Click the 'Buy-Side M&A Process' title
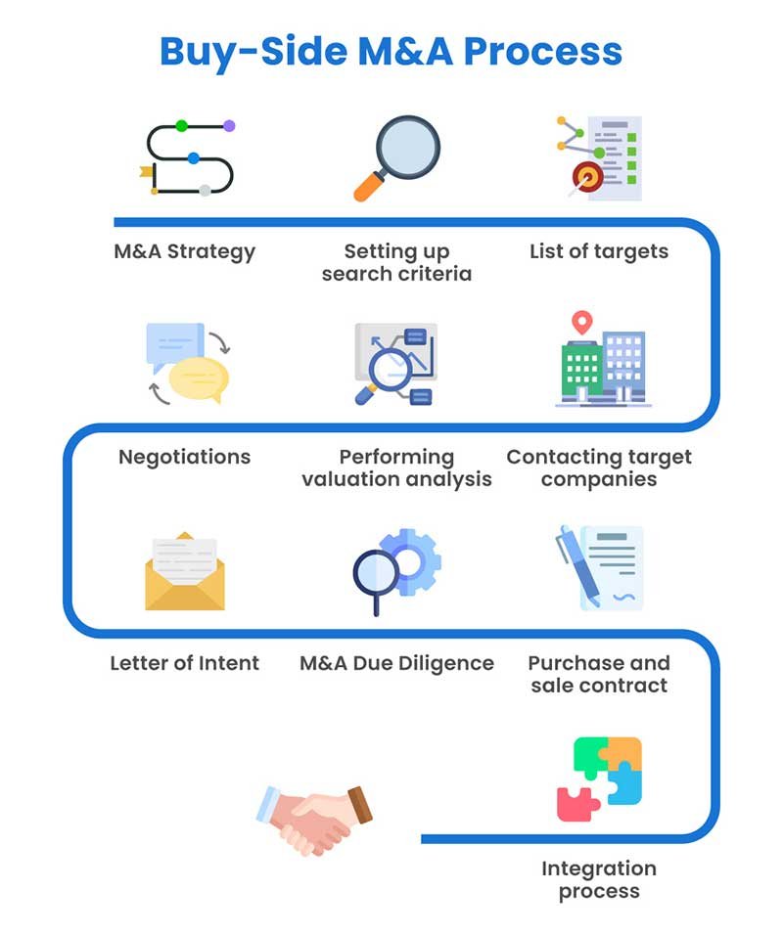click(391, 50)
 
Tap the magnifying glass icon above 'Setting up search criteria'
click(396, 156)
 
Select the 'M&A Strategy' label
click(184, 251)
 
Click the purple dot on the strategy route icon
click(229, 126)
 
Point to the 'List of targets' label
click(598, 251)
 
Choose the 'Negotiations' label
click(184, 457)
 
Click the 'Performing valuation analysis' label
click(396, 467)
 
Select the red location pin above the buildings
click(583, 322)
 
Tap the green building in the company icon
click(581, 370)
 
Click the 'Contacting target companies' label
click(598, 467)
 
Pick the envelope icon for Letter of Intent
click(184, 572)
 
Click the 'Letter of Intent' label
click(184, 663)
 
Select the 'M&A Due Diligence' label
click(396, 663)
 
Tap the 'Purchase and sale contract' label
click(598, 674)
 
